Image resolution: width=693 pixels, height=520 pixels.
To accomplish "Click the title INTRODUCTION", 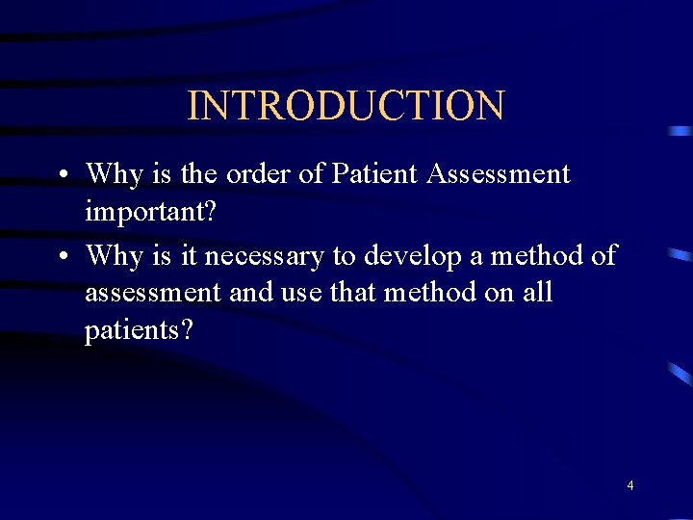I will [346, 106].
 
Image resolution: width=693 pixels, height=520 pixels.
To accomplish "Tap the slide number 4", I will [630, 486].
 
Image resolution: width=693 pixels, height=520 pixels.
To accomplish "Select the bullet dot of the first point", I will [61, 176].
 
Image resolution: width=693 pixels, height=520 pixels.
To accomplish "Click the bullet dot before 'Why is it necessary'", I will [61, 257].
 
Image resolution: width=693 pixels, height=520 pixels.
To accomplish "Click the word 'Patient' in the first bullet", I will [374, 174].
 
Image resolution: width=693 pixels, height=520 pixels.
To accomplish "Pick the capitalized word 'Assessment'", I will [499, 174].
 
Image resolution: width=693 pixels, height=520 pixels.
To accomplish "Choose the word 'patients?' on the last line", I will [139, 330].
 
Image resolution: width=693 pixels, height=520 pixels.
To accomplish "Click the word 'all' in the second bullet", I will [535, 292].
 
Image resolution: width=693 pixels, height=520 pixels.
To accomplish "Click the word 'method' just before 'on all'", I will [429, 292].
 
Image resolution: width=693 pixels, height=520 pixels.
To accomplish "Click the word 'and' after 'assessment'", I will [252, 292].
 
